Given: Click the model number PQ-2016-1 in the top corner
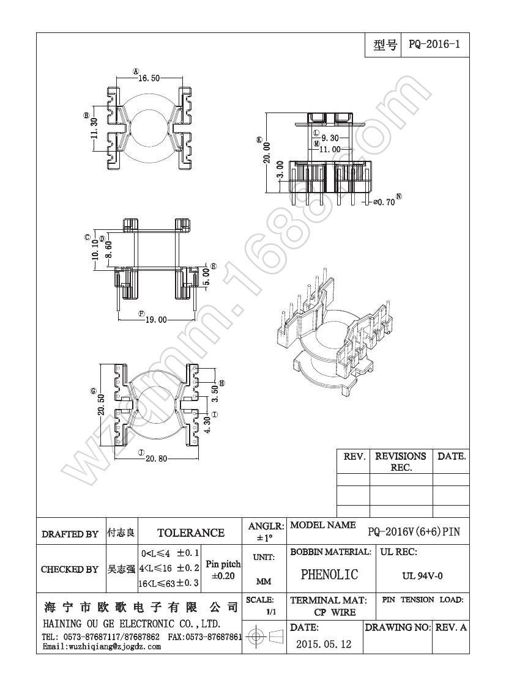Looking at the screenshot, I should [434, 45].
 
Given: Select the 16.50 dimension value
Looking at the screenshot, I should [149, 78].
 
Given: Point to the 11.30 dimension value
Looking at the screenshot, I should [94, 128].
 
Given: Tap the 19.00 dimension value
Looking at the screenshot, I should [156, 319].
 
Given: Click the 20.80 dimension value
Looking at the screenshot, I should [156, 459].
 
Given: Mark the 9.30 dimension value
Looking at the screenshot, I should [331, 138].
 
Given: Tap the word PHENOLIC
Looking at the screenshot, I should [329, 575].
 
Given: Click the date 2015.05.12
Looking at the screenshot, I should [324, 644].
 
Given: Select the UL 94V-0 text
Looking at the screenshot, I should [422, 575].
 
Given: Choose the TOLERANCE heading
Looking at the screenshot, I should [191, 533].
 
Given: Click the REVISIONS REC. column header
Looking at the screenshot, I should [401, 462].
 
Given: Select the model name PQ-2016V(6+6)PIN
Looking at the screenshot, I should [414, 532].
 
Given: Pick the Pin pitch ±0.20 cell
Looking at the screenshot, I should [223, 570].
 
